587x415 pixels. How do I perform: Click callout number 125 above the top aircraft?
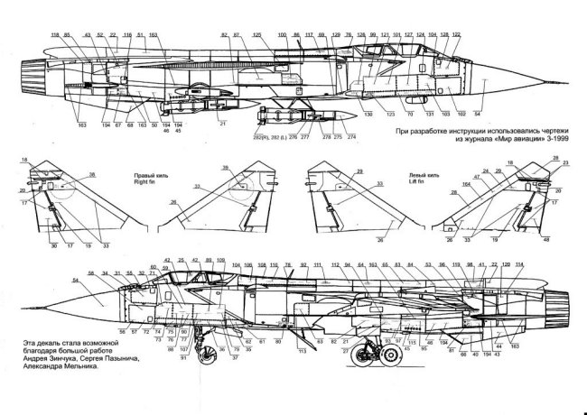click(256, 34)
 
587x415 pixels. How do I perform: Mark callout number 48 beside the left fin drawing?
click(545, 240)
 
